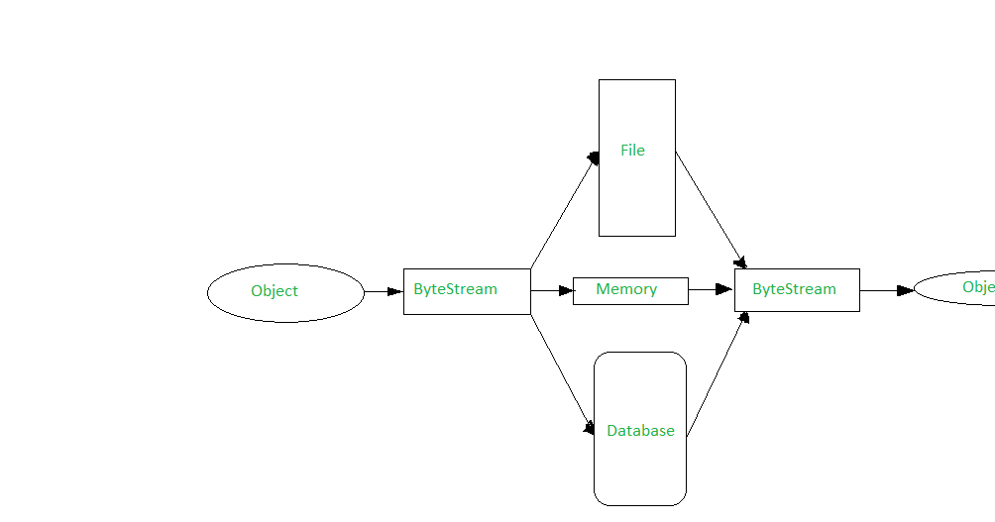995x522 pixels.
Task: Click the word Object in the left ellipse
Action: (275, 291)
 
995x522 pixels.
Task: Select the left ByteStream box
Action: (467, 291)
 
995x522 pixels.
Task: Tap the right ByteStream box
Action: (797, 290)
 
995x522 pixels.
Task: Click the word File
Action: (632, 151)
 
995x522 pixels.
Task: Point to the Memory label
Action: (626, 289)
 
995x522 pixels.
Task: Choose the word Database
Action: (640, 431)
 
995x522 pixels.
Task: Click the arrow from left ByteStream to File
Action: (563, 214)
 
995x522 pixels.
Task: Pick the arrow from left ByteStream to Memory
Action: (551, 291)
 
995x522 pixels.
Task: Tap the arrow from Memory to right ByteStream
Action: (710, 289)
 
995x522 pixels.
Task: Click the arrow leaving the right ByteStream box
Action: (885, 290)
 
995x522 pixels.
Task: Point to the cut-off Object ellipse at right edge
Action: (956, 288)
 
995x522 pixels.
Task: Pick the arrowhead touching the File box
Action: (594, 157)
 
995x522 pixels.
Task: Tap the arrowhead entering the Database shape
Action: (590, 429)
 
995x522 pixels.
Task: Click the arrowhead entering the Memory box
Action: (566, 291)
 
